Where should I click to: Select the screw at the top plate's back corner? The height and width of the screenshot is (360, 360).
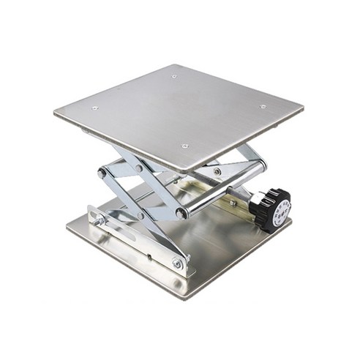(174, 76)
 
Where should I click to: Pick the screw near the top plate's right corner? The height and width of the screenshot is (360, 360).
(263, 107)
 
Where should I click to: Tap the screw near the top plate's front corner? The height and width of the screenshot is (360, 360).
(184, 146)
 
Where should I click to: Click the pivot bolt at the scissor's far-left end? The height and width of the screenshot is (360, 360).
(102, 173)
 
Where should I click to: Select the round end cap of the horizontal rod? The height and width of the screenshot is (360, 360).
(180, 214)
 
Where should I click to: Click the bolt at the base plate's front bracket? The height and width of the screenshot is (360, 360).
(176, 262)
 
